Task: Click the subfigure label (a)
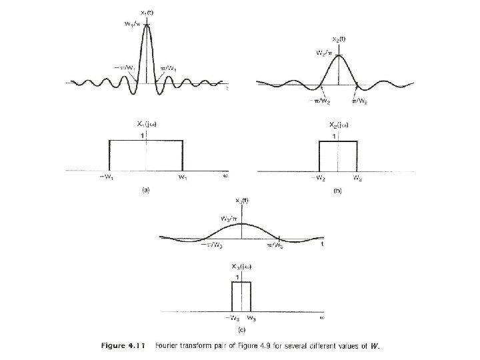pyautogui.click(x=145, y=190)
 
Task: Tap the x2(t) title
pyautogui.click(x=339, y=40)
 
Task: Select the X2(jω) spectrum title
pyautogui.click(x=339, y=125)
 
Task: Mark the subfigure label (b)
pyautogui.click(x=338, y=191)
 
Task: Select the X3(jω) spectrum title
pyautogui.click(x=241, y=267)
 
